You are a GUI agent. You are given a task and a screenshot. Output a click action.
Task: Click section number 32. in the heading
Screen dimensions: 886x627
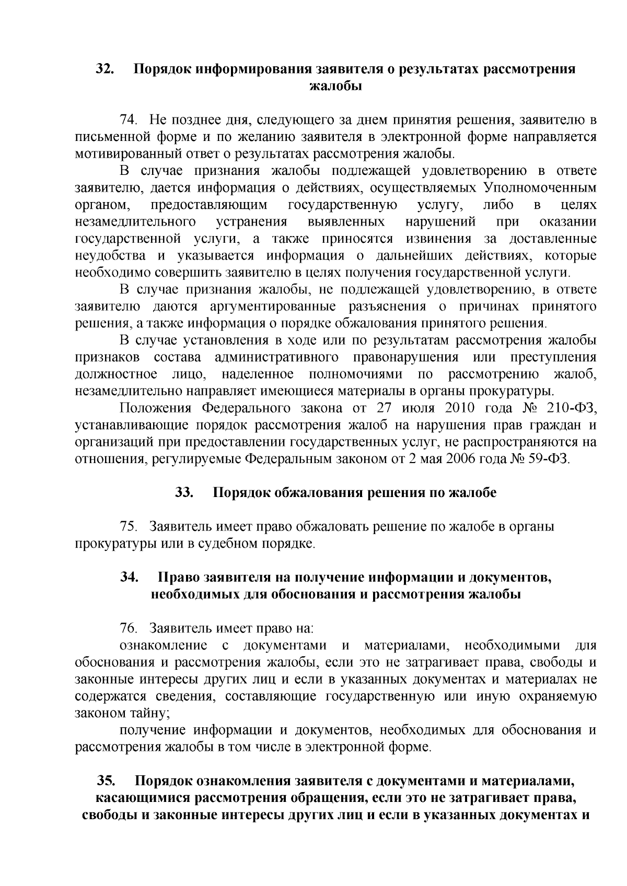[104, 69]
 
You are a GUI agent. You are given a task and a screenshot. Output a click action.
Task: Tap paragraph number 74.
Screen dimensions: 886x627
[129, 121]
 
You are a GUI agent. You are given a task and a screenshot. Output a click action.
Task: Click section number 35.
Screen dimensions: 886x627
[107, 781]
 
